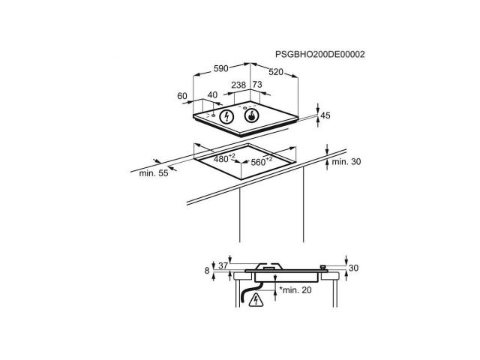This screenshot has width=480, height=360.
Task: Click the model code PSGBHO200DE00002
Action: click(x=320, y=55)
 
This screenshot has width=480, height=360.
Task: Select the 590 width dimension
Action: click(x=220, y=68)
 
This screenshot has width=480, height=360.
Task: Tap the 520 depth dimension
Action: click(x=276, y=72)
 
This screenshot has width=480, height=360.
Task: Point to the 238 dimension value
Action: click(x=238, y=85)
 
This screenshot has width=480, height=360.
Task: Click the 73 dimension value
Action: click(x=257, y=84)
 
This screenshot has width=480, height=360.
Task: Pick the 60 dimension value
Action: click(x=182, y=96)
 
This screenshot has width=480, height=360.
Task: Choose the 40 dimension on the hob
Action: click(x=212, y=95)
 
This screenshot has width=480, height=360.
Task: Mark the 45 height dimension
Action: click(x=325, y=115)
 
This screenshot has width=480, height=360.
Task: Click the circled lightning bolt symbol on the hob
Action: click(x=226, y=116)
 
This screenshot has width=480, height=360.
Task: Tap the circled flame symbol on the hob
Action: click(x=252, y=115)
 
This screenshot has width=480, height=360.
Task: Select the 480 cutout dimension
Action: click(x=224, y=158)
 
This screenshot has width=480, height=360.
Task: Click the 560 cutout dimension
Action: click(x=262, y=161)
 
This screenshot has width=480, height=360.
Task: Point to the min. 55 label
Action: click(x=154, y=173)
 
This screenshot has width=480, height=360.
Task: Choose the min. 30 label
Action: click(x=346, y=162)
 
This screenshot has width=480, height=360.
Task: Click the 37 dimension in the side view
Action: click(x=223, y=265)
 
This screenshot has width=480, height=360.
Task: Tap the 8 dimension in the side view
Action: click(x=207, y=271)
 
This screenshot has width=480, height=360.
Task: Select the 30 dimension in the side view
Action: click(x=353, y=268)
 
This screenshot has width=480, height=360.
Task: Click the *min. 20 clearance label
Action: click(x=295, y=290)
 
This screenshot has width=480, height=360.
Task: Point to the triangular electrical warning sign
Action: click(x=256, y=300)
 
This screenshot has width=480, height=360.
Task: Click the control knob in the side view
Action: click(x=322, y=268)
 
